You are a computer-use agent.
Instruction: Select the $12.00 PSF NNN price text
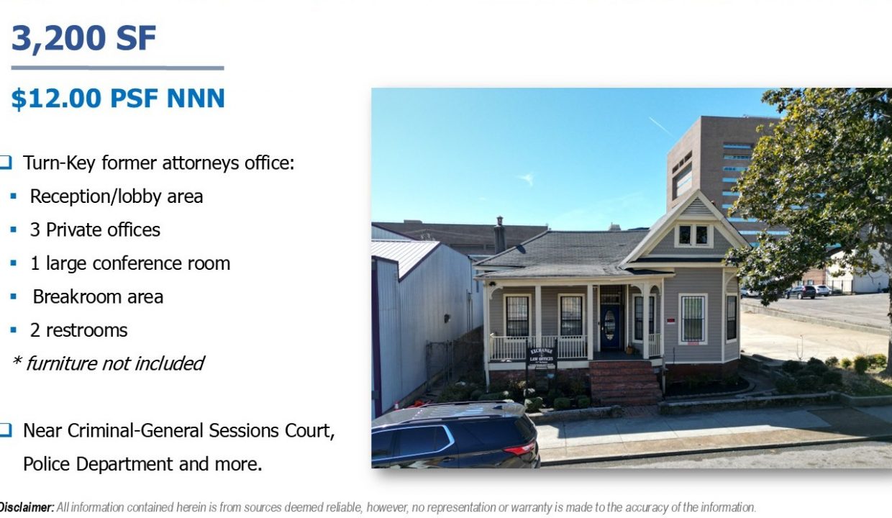coord(118,98)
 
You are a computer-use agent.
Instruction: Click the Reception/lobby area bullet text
coord(117,196)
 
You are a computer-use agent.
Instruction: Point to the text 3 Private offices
coord(95,230)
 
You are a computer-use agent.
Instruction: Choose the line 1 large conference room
coord(130,263)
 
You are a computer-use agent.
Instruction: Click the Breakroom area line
coord(98,296)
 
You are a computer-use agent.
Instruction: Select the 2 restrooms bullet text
coord(78,330)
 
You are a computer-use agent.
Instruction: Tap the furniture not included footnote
coord(109,364)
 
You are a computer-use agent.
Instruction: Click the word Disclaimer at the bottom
coord(27,507)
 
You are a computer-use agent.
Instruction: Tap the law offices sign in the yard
coord(542,355)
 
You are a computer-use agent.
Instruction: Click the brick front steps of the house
coord(624,382)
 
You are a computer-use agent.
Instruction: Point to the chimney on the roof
coord(499,235)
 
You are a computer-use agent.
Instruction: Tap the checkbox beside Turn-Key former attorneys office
coord(6,163)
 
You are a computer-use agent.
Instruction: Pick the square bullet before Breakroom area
coord(13,296)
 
